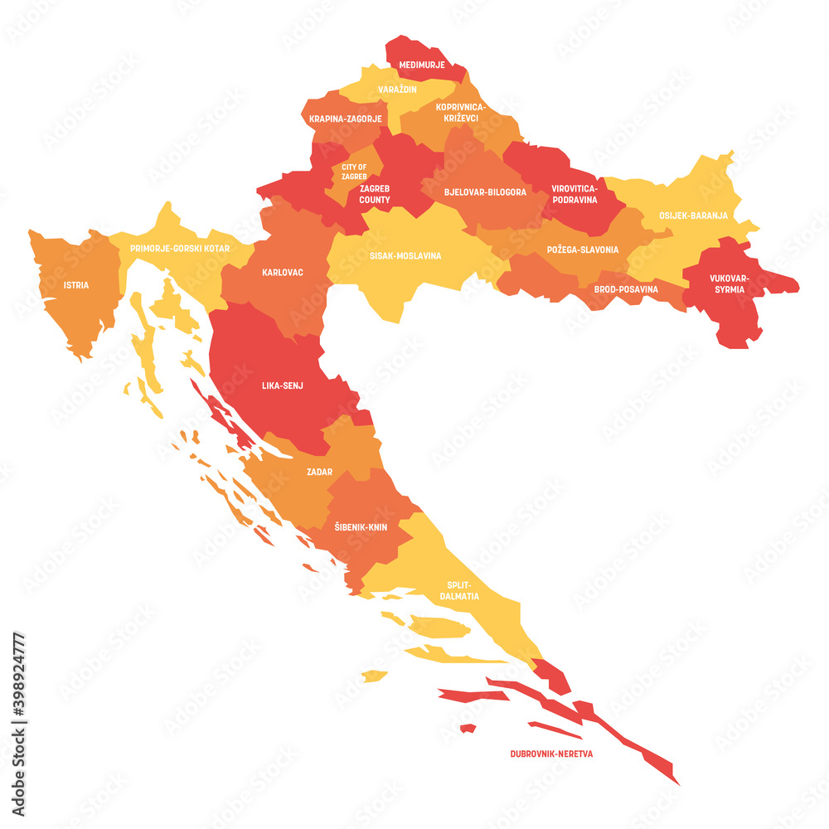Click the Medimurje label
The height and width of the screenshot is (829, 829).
[422, 65]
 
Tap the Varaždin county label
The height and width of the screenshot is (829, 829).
[397, 89]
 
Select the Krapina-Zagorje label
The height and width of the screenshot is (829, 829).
[346, 119]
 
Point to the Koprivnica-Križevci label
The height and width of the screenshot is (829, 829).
[462, 113]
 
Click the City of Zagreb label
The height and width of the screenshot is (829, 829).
[354, 172]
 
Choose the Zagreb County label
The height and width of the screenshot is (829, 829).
[375, 194]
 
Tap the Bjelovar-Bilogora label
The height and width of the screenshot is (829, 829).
[485, 192]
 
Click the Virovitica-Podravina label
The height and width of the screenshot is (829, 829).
[574, 195]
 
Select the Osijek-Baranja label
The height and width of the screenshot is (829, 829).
[693, 216]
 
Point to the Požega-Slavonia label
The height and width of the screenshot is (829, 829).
[582, 250]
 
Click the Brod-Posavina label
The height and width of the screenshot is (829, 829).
[626, 289]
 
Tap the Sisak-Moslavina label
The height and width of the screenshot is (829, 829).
[405, 256]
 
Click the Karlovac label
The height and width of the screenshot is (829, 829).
[282, 272]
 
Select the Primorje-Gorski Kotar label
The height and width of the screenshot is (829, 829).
[180, 248]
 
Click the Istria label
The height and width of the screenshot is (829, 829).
[76, 285]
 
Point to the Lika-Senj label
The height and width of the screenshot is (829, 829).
[282, 385]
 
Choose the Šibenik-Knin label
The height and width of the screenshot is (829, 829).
[361, 527]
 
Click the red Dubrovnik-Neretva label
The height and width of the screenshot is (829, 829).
[552, 755]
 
